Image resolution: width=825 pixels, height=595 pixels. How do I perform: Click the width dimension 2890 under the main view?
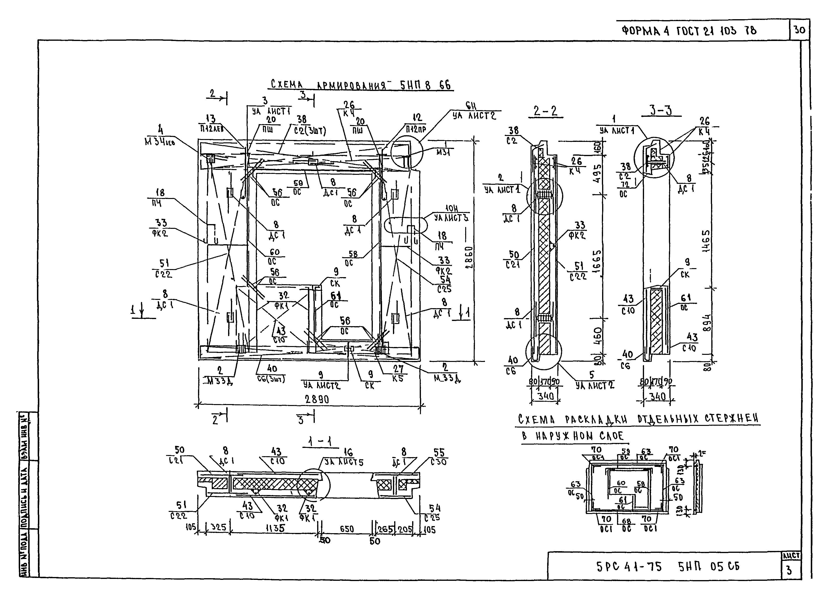(x=317, y=399)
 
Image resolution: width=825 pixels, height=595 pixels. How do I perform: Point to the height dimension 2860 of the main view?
(x=469, y=257)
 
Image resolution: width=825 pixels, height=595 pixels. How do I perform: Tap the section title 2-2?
(x=545, y=111)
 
